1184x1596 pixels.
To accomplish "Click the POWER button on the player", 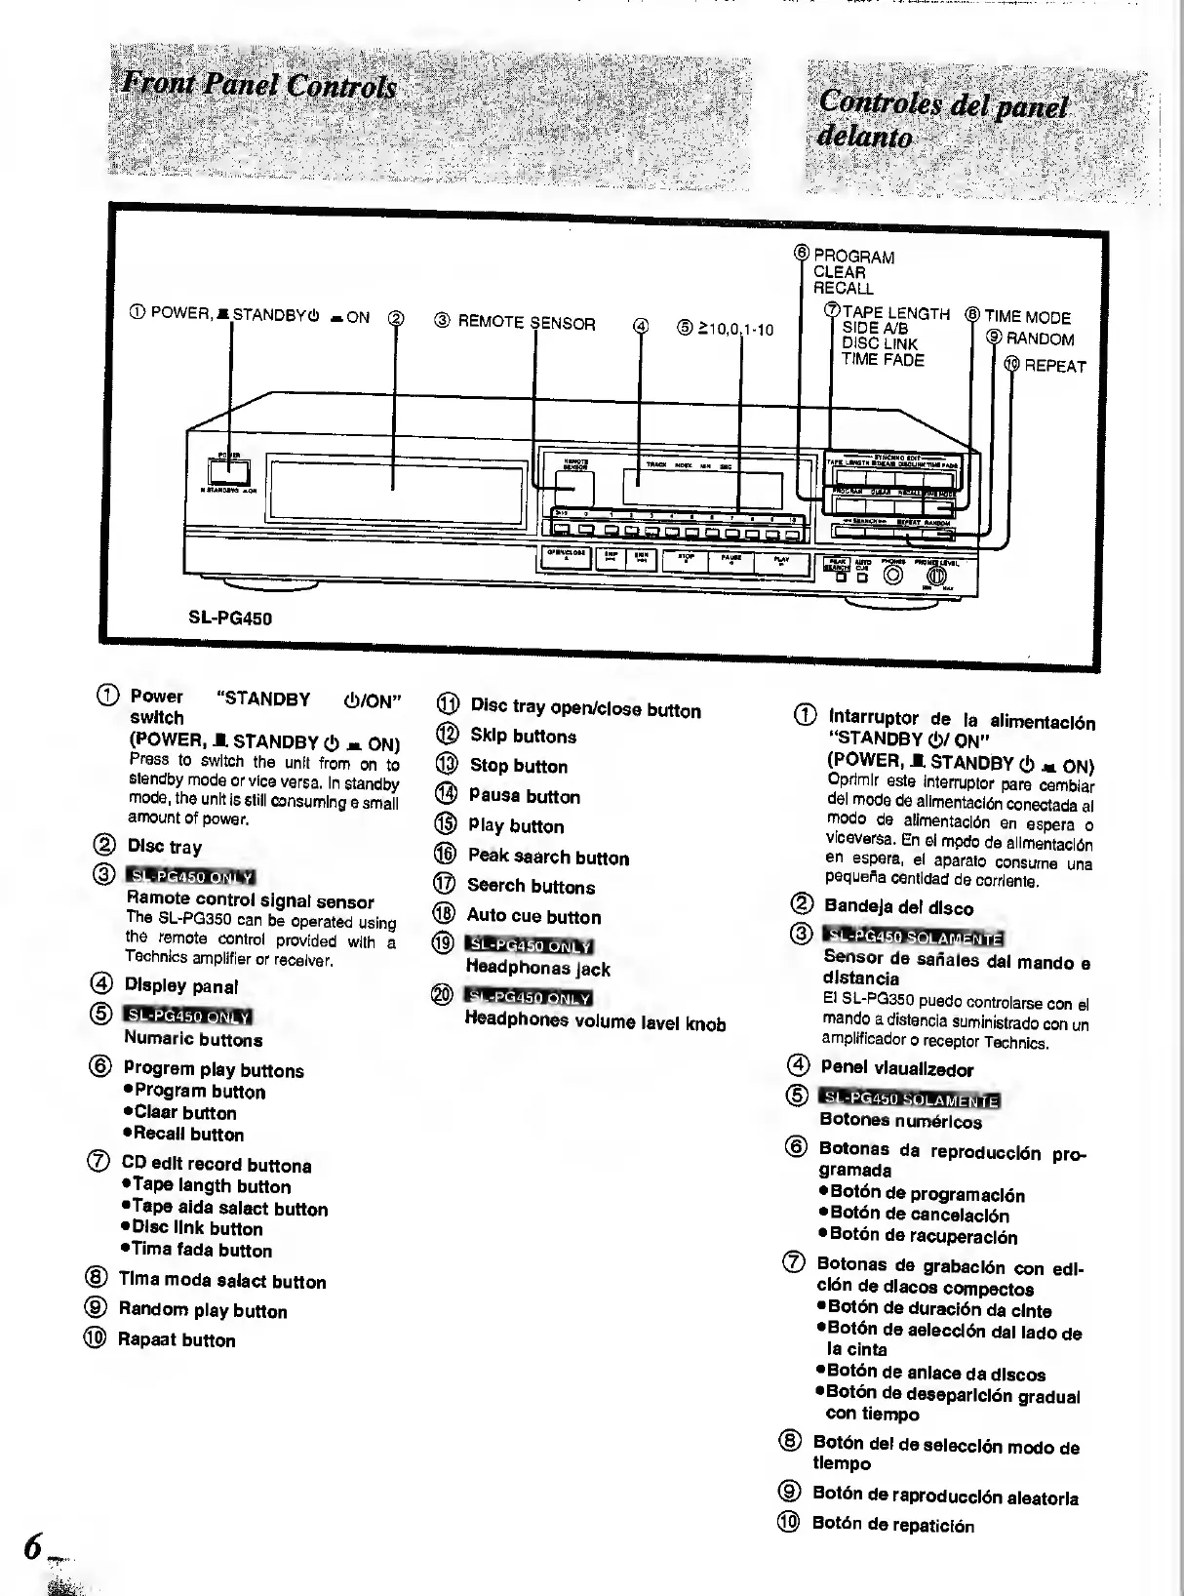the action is [x=228, y=471].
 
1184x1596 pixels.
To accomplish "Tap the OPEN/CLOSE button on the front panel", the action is [x=566, y=560].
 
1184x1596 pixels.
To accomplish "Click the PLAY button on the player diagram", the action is [x=782, y=562].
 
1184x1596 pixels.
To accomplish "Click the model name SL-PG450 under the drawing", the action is [x=230, y=618].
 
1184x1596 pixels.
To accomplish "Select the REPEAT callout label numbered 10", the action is [x=1054, y=366].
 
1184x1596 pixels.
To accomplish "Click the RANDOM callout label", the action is [x=1040, y=339].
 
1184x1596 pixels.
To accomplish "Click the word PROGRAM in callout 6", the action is [x=854, y=258].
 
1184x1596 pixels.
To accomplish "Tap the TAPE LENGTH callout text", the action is [x=895, y=313].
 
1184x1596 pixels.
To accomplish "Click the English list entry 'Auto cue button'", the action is [x=533, y=916].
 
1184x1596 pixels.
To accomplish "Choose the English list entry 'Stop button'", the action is [x=518, y=766].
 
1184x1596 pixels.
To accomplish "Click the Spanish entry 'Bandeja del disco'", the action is [x=897, y=908].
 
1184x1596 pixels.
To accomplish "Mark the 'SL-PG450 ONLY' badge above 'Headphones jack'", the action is [x=531, y=945].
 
